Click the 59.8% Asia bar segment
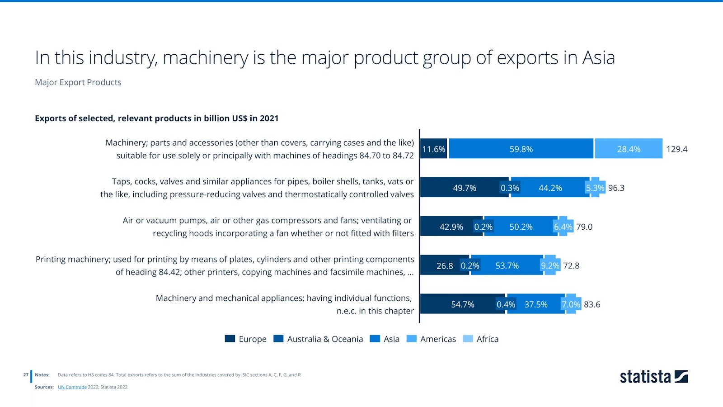pyautogui.click(x=521, y=149)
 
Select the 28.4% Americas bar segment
pyautogui.click(x=629, y=149)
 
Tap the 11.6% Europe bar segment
pyautogui.click(x=434, y=149)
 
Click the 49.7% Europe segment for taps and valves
pyautogui.click(x=464, y=188)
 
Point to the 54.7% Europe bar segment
pyautogui.click(x=462, y=304)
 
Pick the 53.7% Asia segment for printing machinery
pyautogui.click(x=507, y=265)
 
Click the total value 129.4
pyautogui.click(x=676, y=149)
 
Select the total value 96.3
pyautogui.click(x=616, y=188)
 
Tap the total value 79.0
pyautogui.click(x=584, y=227)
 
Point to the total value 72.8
pyautogui.click(x=571, y=265)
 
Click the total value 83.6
pyautogui.click(x=592, y=304)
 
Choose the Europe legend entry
pyautogui.click(x=246, y=339)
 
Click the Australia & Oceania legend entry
pyautogui.click(x=318, y=339)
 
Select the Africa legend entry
pyautogui.click(x=481, y=339)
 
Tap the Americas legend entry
pyautogui.click(x=431, y=339)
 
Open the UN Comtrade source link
pyautogui.click(x=72, y=387)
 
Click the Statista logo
pyautogui.click(x=653, y=377)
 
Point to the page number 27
pyautogui.click(x=26, y=375)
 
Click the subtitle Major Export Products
pyautogui.click(x=78, y=82)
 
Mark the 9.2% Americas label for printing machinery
pyautogui.click(x=550, y=265)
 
